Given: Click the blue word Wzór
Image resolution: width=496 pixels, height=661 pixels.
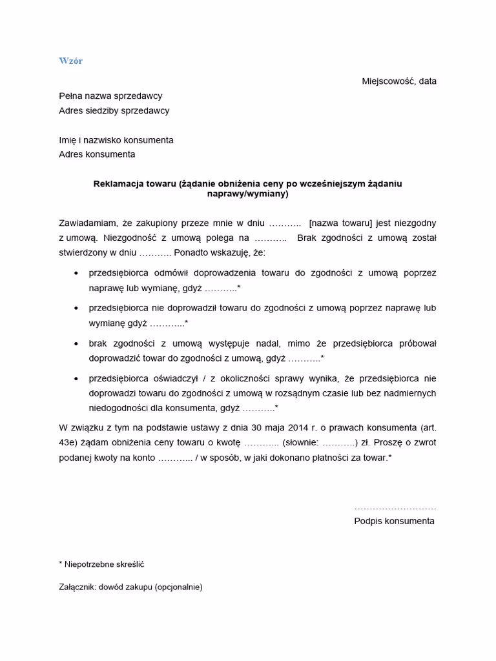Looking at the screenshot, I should (x=70, y=61).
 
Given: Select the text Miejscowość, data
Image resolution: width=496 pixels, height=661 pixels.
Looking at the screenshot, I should (x=398, y=81).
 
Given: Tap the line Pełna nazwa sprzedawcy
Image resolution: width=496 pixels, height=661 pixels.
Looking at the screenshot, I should (x=110, y=96).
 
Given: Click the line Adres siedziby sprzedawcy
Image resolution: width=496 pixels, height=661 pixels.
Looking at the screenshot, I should (x=114, y=110).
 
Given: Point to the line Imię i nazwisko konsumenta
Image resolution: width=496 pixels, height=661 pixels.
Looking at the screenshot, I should (x=116, y=140).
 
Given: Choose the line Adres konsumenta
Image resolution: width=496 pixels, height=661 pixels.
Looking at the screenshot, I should (x=97, y=154).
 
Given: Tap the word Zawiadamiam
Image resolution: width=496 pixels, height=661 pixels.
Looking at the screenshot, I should (x=88, y=223).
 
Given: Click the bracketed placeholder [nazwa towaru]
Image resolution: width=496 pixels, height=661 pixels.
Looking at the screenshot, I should (x=340, y=223).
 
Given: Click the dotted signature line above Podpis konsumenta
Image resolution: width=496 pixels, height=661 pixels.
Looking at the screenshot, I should (x=395, y=508).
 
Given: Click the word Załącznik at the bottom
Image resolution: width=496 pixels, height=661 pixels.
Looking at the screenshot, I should (x=78, y=587).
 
